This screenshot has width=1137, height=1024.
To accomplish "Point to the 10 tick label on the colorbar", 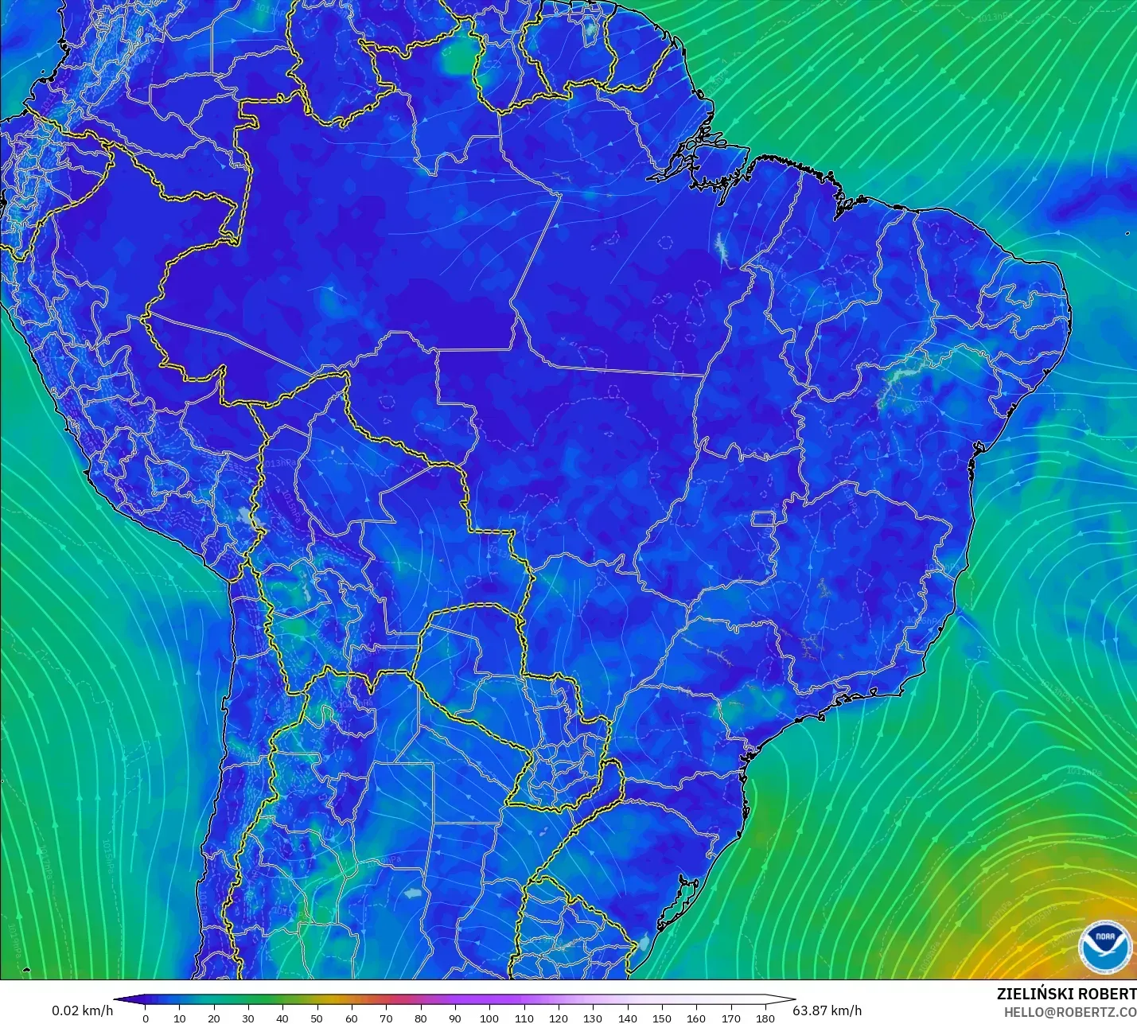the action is [180, 1018].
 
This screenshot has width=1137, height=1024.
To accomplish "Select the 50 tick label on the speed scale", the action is [317, 1018].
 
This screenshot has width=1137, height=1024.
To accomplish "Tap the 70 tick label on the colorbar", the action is [386, 1018].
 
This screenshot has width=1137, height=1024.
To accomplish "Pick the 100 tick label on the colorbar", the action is [489, 1018].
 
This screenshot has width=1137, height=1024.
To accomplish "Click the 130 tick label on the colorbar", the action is [593, 1018].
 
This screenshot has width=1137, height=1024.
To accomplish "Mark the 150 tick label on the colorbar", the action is [662, 1018].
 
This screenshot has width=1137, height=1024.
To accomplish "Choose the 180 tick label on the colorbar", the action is [765, 1018].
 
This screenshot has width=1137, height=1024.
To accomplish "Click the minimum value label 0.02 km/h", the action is [83, 1010].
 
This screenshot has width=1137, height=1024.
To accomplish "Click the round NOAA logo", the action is [1105, 947].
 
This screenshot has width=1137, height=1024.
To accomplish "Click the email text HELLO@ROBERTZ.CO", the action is [1069, 1012].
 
